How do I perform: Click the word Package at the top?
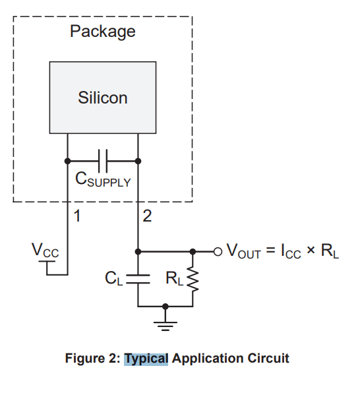pyautogui.click(x=103, y=32)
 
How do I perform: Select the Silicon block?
pyautogui.click(x=103, y=98)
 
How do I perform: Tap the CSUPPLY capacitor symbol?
pyautogui.click(x=103, y=161)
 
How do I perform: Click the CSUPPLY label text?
pyautogui.click(x=103, y=179)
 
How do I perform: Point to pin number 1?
pyautogui.click(x=77, y=216)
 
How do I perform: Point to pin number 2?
pyautogui.click(x=147, y=216)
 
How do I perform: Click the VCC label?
pyautogui.click(x=45, y=250)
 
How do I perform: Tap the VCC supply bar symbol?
pyautogui.click(x=47, y=261)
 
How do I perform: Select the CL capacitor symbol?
pyautogui.click(x=138, y=279)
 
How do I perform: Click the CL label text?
pyautogui.click(x=114, y=278)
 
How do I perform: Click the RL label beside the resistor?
pyautogui.click(x=175, y=278)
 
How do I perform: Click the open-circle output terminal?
pyautogui.click(x=218, y=251)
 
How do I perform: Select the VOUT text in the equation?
pyautogui.click(x=244, y=251)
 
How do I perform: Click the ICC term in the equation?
pyautogui.click(x=291, y=251)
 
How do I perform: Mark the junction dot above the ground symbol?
pyautogui.click(x=165, y=306)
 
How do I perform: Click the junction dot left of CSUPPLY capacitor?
pyautogui.click(x=67, y=161)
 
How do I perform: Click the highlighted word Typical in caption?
pyautogui.click(x=146, y=359)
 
